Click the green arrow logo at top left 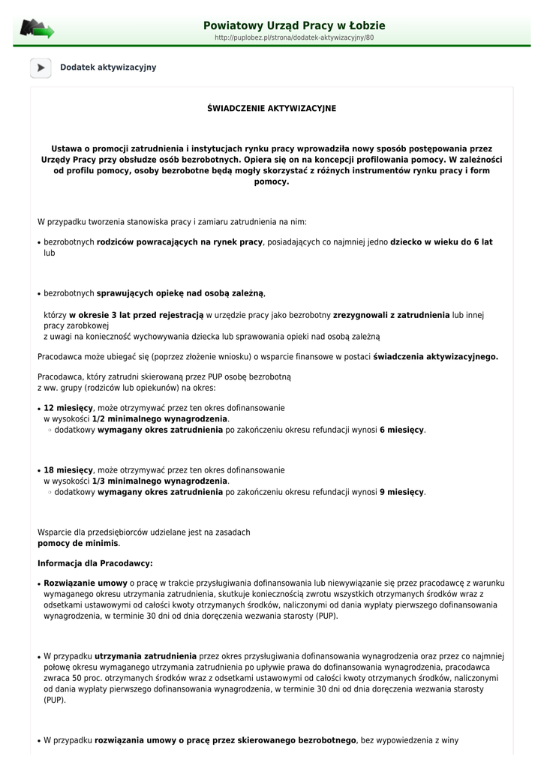[x=37, y=29]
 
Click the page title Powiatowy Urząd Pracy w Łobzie [x=294, y=25]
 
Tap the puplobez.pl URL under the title [x=294, y=37]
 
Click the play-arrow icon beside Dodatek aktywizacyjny [x=41, y=67]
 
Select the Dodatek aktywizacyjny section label [x=108, y=67]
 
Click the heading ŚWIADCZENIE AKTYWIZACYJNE [x=272, y=109]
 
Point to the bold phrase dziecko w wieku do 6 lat [x=441, y=242]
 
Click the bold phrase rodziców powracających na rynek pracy [x=179, y=242]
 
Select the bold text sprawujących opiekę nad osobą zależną [x=180, y=293]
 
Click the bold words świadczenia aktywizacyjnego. [x=435, y=357]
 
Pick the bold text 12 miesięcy [x=68, y=408]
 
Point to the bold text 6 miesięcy [x=401, y=430]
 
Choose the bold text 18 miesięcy [x=68, y=470]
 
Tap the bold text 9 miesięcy [x=401, y=492]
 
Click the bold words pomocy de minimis [x=78, y=543]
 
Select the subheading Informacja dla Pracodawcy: [x=95, y=562]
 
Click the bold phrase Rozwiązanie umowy [x=86, y=583]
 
